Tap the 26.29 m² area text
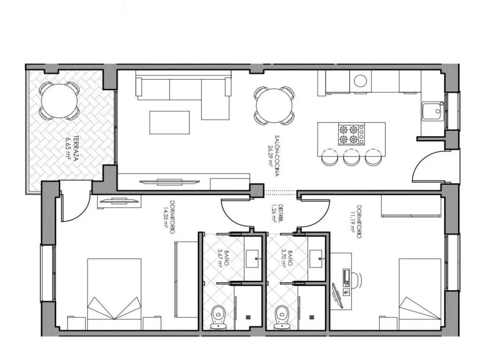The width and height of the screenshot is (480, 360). (270, 156)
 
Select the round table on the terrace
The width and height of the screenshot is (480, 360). (59, 101)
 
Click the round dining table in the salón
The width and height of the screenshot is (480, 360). (274, 105)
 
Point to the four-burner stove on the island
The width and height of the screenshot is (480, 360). (352, 134)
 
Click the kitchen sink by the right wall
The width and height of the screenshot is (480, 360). (433, 112)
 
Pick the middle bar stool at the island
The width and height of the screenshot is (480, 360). (352, 157)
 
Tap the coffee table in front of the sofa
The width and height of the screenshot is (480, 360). (169, 122)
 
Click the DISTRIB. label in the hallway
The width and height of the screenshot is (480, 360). (281, 213)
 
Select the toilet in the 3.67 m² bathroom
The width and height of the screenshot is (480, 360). (218, 317)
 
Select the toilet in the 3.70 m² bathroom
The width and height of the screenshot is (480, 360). (281, 317)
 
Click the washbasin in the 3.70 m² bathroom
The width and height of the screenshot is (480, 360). (315, 259)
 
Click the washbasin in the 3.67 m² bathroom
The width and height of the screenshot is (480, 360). (253, 259)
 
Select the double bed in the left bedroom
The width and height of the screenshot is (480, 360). (114, 294)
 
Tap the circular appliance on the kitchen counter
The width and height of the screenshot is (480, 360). (360, 81)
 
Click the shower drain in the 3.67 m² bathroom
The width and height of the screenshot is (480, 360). (248, 317)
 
